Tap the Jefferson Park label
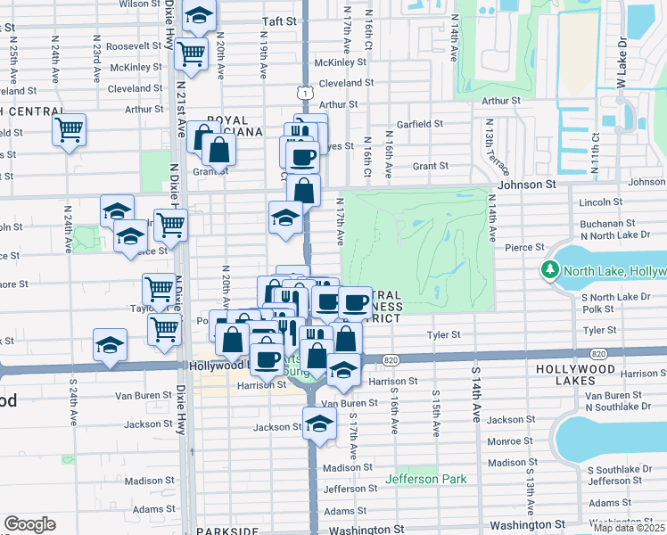[426, 479]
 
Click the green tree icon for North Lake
[550, 269]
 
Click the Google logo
[29, 524]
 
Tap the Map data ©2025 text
[630, 528]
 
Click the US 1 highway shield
[306, 93]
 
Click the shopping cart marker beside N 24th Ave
[69, 130]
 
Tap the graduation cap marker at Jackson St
[319, 424]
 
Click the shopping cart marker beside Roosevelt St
[190, 54]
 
